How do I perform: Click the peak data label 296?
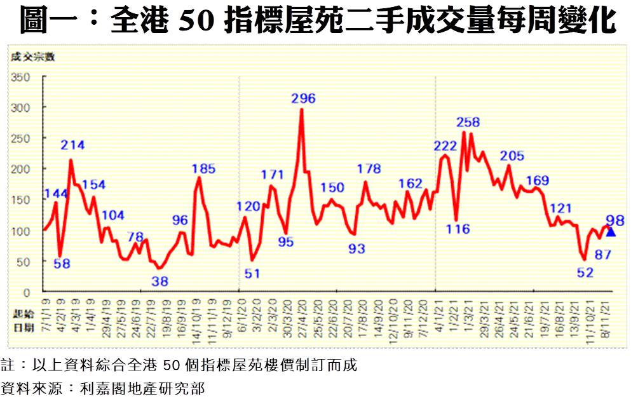[303, 98]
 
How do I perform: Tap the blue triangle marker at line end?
[611, 232]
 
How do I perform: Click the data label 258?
[468, 122]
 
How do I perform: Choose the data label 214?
[72, 145]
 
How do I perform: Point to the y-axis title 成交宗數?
[32, 57]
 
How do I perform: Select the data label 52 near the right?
[584, 273]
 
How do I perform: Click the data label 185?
[203, 168]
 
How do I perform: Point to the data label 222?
[445, 146]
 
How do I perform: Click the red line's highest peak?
[301, 110]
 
